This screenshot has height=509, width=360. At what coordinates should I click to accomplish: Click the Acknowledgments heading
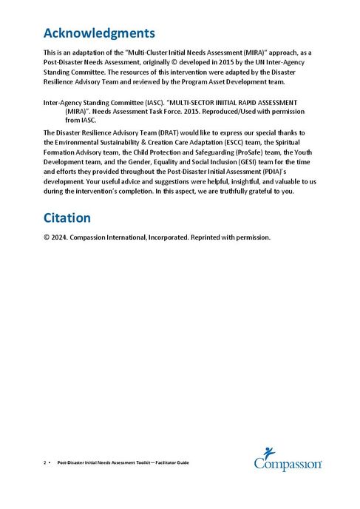tap(99, 33)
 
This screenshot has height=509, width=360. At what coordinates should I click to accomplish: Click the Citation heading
tap(67, 218)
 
